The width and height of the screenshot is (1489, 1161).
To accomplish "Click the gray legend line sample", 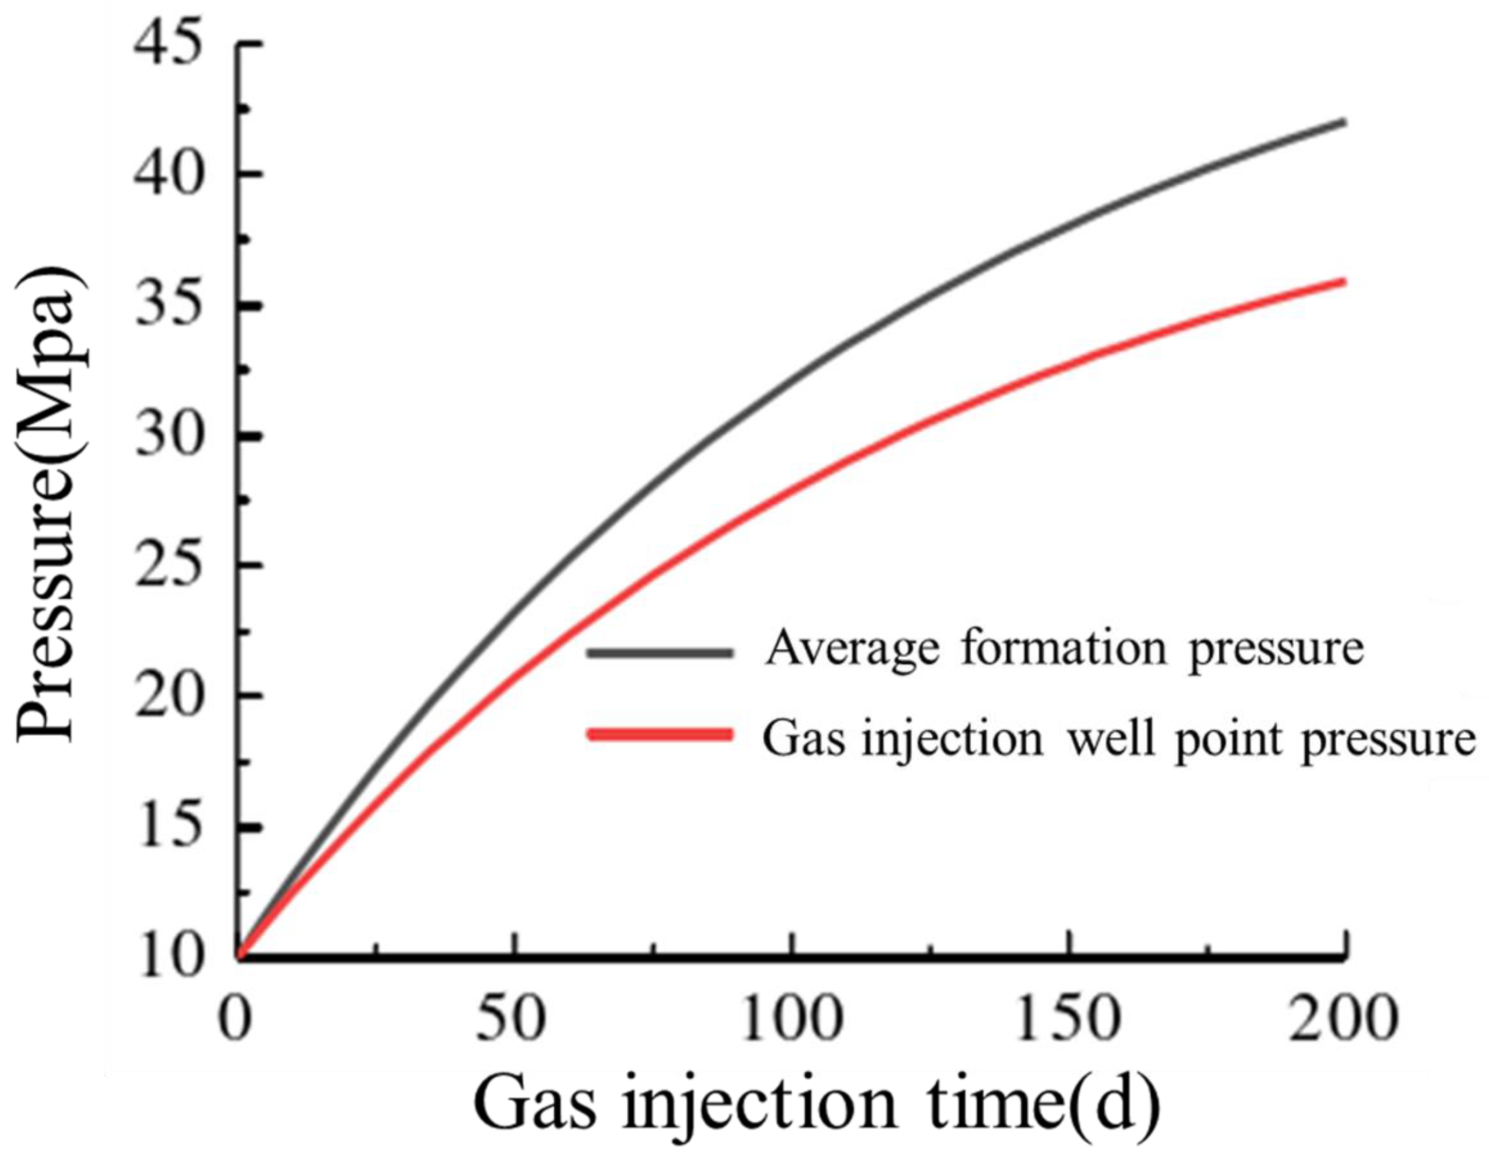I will [660, 652].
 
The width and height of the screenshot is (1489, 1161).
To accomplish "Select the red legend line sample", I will [660, 734].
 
